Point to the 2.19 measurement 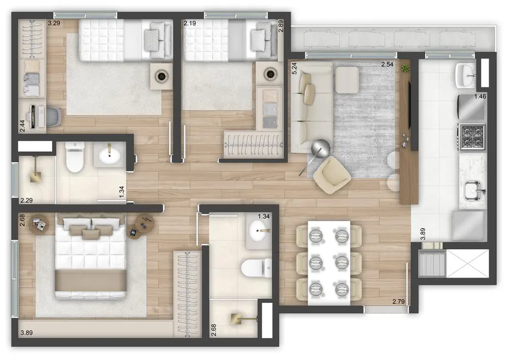pos(190,24)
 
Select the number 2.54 pos(387,65)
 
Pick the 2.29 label pos(27,200)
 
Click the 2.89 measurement pos(281,26)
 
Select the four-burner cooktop pos(471,134)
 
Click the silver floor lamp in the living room pos(320,148)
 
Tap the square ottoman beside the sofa pos(348,80)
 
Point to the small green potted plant pos(406,68)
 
